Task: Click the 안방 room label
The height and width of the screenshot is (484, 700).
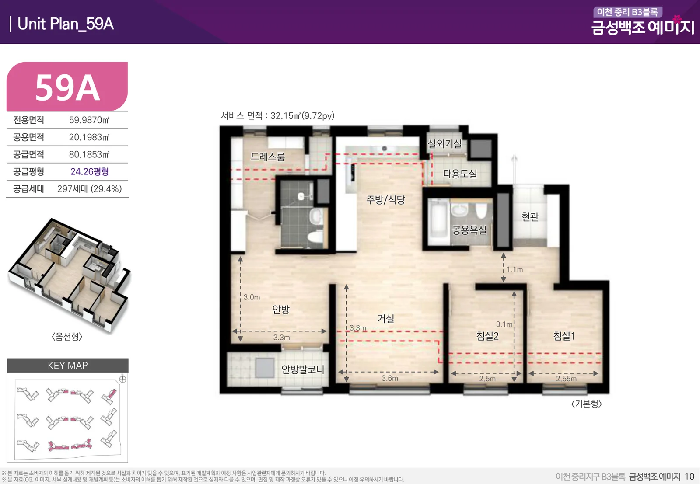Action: [280, 309]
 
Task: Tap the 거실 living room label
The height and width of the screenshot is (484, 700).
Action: [385, 318]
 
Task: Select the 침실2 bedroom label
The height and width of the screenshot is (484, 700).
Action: [487, 336]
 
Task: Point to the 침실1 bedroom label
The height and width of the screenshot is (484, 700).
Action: [564, 336]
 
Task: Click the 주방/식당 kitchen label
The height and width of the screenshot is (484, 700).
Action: [385, 199]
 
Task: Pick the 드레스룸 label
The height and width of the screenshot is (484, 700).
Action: [267, 157]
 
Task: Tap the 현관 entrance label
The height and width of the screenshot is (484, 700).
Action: [530, 216]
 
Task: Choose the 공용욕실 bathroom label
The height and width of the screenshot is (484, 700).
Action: [469, 230]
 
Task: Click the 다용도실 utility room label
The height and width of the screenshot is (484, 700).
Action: [460, 174]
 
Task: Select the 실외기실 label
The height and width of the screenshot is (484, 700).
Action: [444, 144]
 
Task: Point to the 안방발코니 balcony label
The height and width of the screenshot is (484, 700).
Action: [302, 369]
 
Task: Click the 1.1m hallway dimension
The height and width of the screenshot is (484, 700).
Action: [514, 269]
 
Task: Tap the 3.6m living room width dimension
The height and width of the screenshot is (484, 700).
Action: [390, 378]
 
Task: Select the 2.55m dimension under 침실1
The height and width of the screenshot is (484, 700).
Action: [566, 379]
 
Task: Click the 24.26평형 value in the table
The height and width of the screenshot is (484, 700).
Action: [89, 171]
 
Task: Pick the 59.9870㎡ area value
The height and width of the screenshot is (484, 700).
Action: [89, 120]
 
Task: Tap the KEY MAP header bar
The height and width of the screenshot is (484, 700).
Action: [67, 366]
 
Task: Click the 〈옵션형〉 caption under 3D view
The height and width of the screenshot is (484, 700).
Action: [67, 336]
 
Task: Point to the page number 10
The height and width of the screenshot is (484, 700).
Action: [689, 477]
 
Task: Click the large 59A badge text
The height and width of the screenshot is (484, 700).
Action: [67, 88]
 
